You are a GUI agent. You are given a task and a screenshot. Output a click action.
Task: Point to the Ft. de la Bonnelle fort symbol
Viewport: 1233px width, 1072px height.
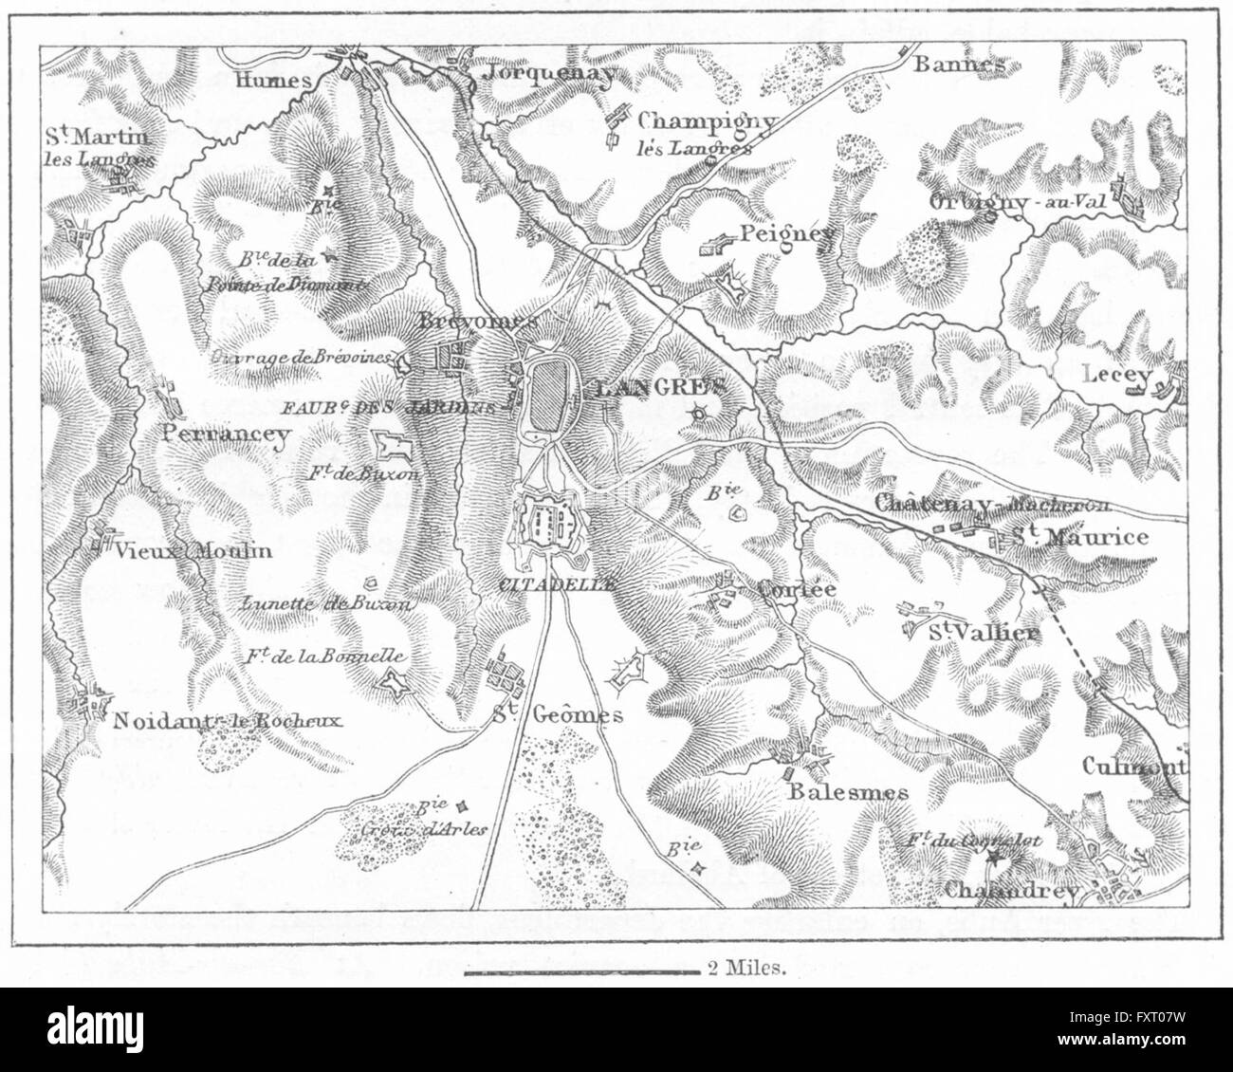click(x=392, y=679)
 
